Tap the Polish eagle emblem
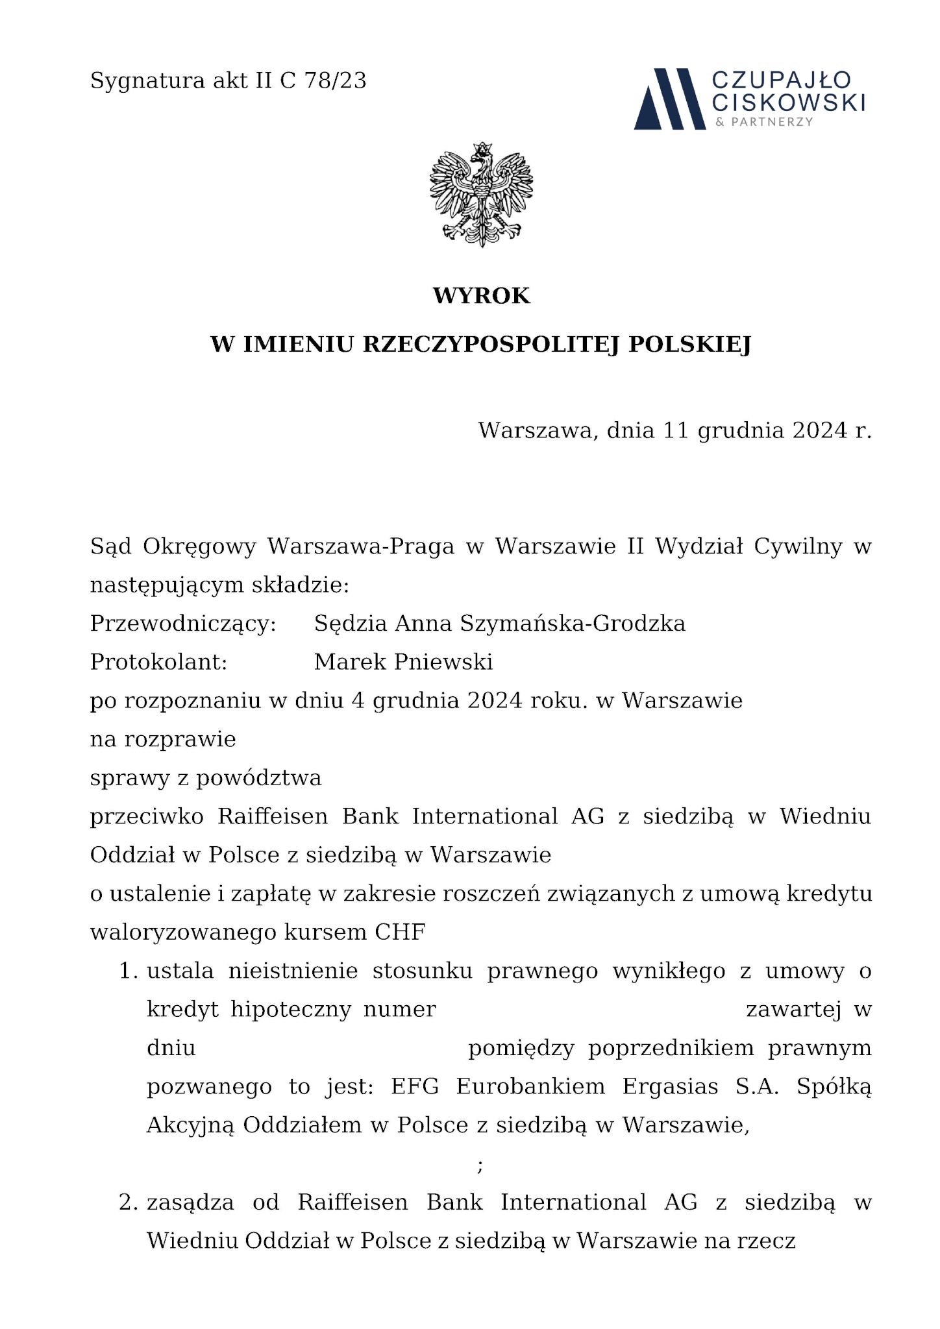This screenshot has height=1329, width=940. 481,194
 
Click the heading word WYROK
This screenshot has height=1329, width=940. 481,296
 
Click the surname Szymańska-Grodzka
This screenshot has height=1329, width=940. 573,624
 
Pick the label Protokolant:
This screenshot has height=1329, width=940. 158,662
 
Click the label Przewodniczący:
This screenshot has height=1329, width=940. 183,624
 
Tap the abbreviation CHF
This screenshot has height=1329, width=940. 400,933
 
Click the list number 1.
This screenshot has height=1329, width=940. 129,971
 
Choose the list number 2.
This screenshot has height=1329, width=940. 129,1202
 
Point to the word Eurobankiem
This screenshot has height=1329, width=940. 530,1087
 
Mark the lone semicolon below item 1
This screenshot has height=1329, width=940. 480,1166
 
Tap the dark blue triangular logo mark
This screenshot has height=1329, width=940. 669,99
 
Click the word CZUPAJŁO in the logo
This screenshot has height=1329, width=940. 782,80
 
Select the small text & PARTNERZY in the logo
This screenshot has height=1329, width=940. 763,122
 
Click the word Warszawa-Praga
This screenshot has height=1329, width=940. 361,546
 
